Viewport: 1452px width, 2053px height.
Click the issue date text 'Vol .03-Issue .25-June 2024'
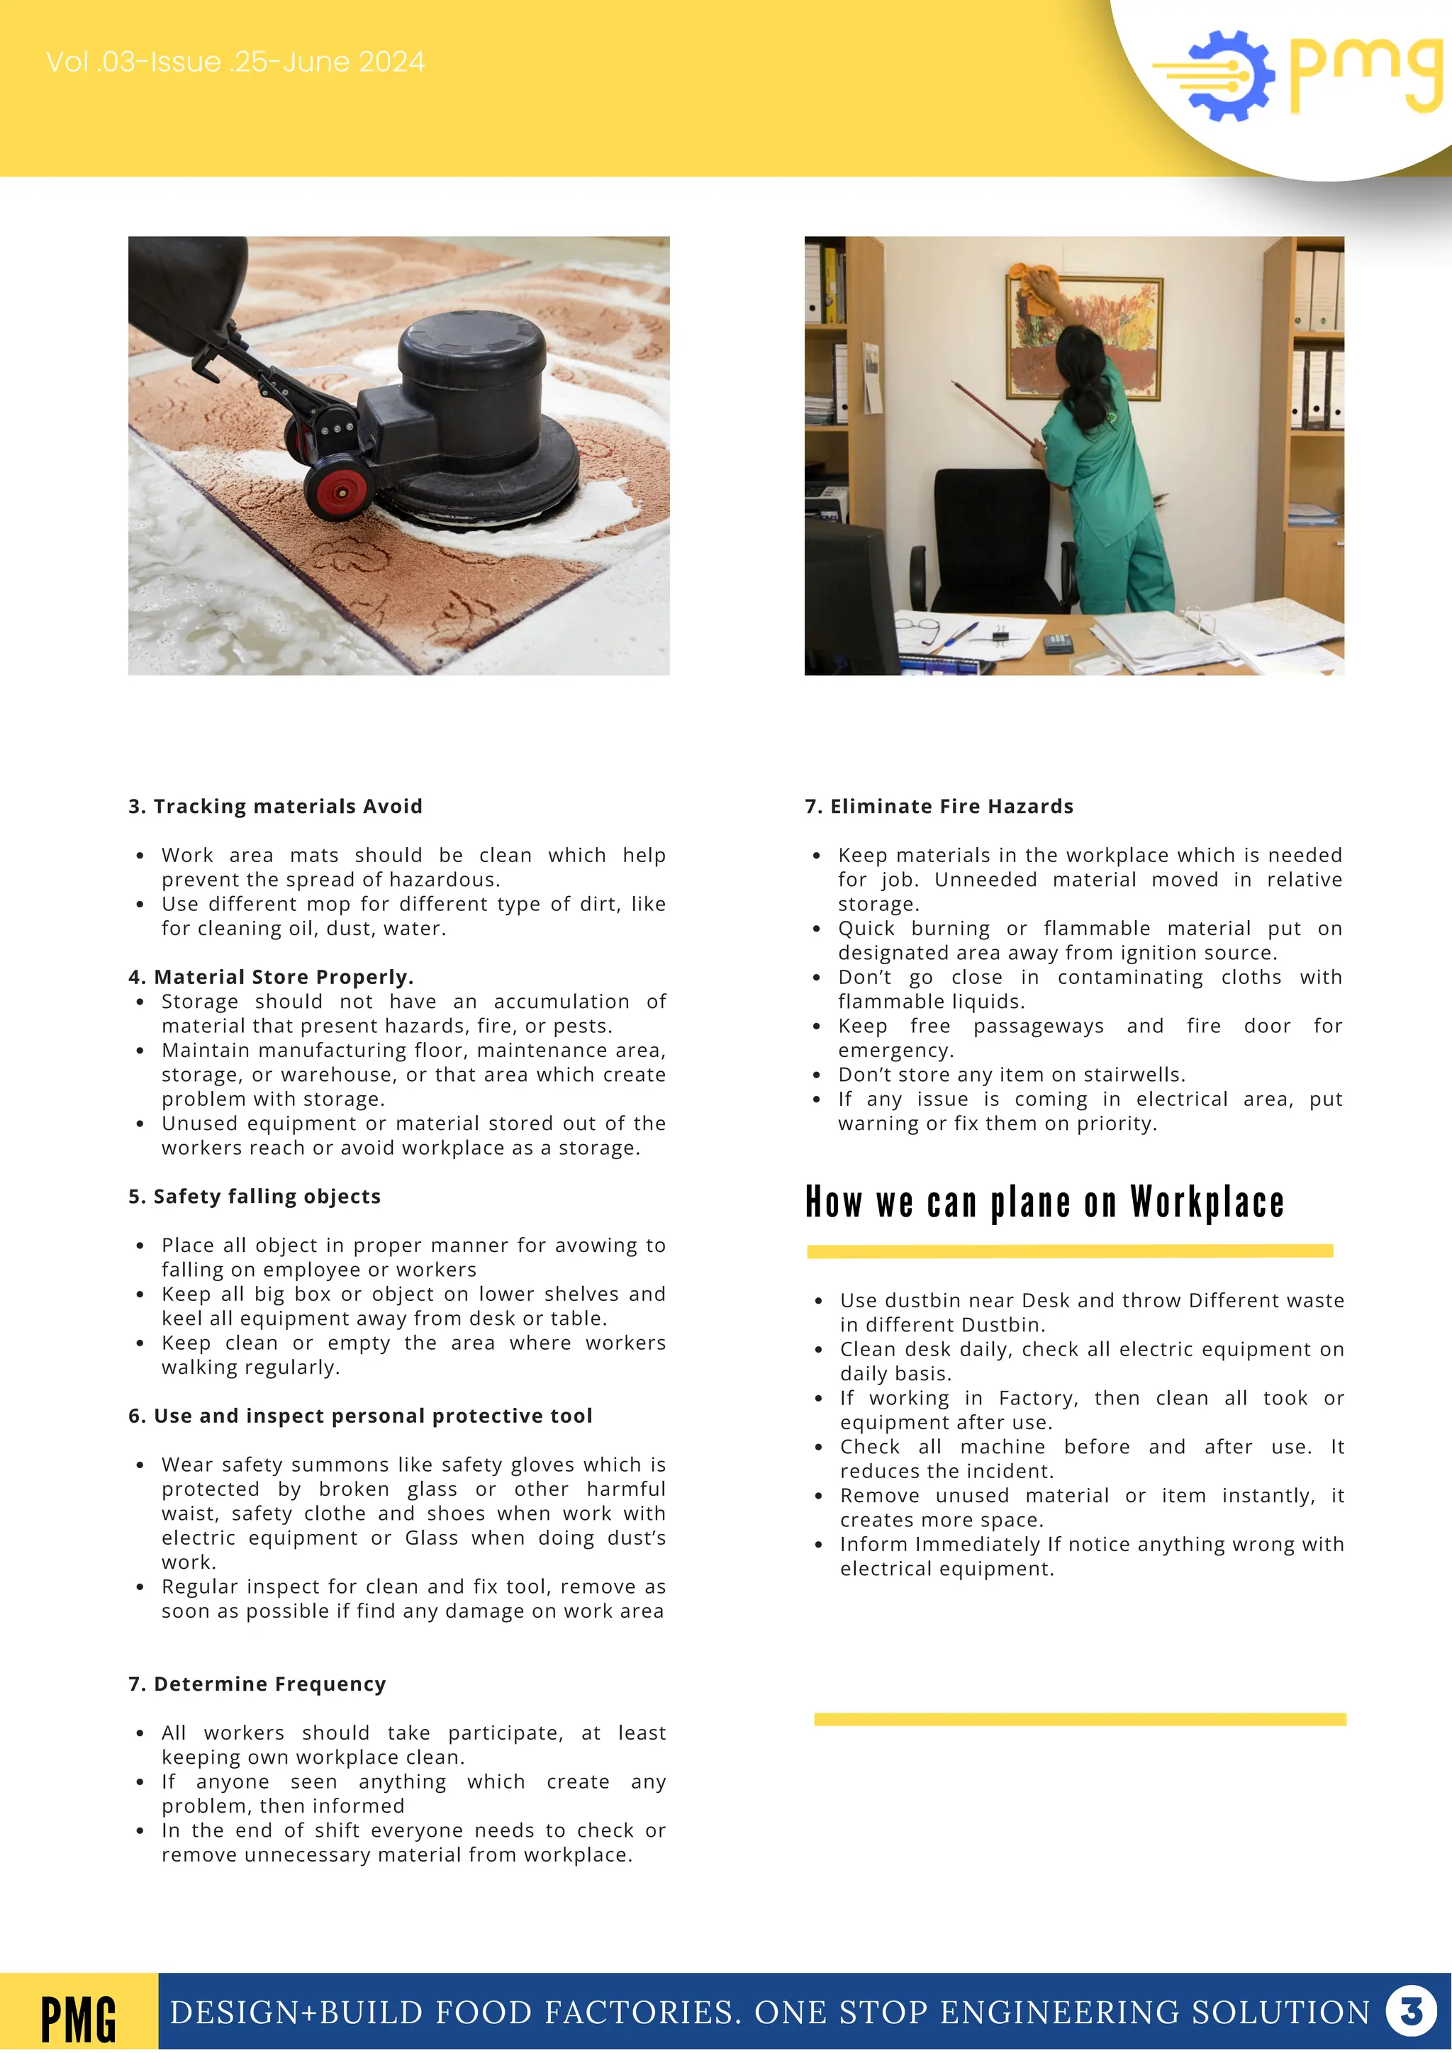[235, 62]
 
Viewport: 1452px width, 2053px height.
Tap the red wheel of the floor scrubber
[339, 487]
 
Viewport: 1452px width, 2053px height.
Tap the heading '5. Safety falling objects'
[254, 1197]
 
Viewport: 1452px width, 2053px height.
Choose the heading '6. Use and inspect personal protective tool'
[359, 1416]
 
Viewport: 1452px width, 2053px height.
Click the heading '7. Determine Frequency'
[257, 1684]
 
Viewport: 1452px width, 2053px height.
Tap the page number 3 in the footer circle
[1411, 2012]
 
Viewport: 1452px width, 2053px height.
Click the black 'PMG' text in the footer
[79, 2019]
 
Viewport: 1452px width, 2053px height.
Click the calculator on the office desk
[1059, 641]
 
